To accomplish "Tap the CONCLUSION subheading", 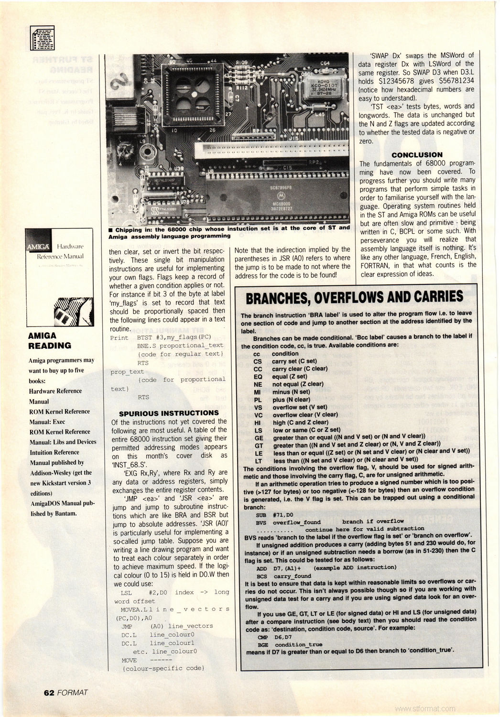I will click(x=417, y=154).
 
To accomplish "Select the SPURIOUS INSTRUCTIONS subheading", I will click(x=168, y=413).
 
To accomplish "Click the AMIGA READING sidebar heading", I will click(x=50, y=340).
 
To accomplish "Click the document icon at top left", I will click(x=42, y=38).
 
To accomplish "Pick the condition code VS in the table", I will click(x=258, y=407).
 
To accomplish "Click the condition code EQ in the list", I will click(x=258, y=377).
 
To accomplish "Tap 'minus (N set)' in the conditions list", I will click(x=291, y=392).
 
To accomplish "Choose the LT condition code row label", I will click(x=258, y=461).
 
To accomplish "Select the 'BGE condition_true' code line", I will click(x=290, y=644).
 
